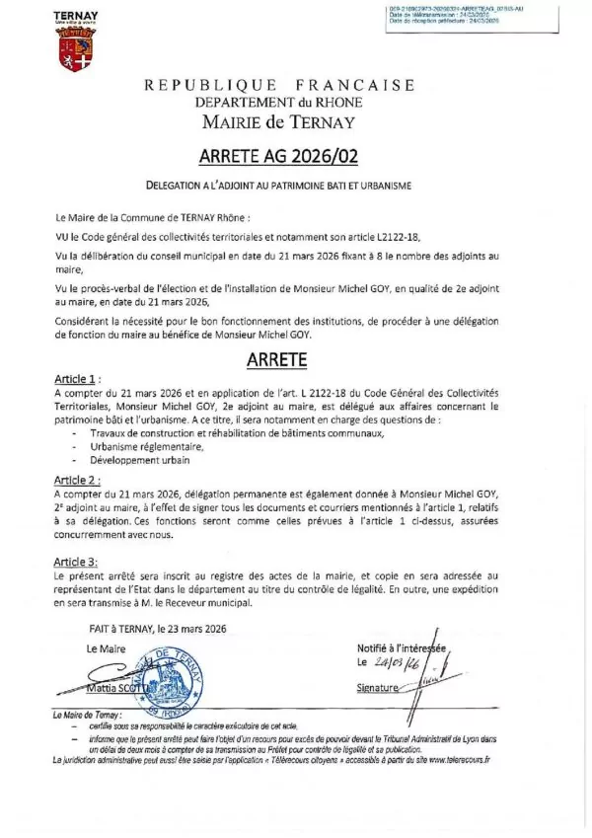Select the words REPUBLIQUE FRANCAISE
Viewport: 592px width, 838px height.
click(x=279, y=85)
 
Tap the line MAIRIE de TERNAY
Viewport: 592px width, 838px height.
click(x=279, y=122)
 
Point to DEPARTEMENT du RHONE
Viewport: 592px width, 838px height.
click(x=278, y=103)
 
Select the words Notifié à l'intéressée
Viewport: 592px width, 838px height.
click(x=403, y=648)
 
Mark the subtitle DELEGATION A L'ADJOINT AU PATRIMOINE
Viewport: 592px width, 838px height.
click(x=278, y=185)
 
